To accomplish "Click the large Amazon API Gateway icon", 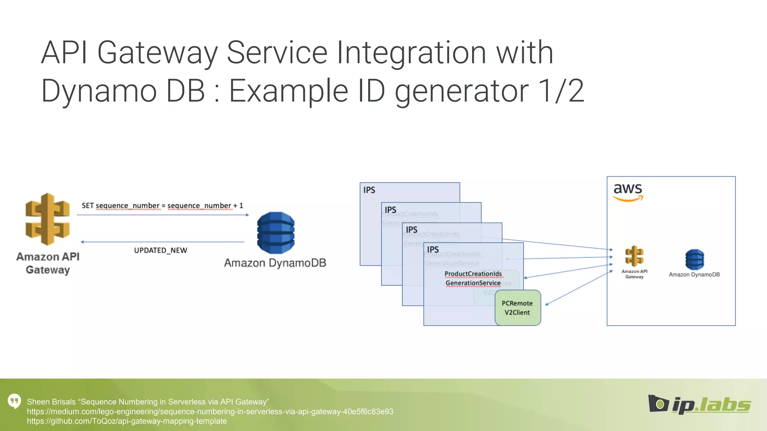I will [x=48, y=219].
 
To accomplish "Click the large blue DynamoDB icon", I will [x=276, y=233].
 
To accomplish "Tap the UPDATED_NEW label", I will [x=160, y=250].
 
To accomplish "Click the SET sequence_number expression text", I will [x=162, y=205].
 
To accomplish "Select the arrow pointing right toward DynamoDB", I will [x=163, y=215].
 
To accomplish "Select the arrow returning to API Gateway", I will [x=163, y=242].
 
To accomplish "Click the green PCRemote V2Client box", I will [x=518, y=308].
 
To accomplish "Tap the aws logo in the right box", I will [x=628, y=192].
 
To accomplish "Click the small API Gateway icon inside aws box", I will [x=634, y=257].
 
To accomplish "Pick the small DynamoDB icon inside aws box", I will [x=694, y=260].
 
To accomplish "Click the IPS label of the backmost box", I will [x=369, y=190].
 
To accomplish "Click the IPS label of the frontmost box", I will [x=433, y=250].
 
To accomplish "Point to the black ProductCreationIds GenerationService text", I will [x=473, y=278].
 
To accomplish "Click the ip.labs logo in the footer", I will [x=699, y=405].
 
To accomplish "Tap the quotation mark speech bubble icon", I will [x=14, y=401].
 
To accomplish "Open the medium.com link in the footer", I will [x=210, y=412].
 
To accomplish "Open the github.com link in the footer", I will [x=127, y=421].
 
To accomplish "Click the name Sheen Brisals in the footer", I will [x=51, y=402].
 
